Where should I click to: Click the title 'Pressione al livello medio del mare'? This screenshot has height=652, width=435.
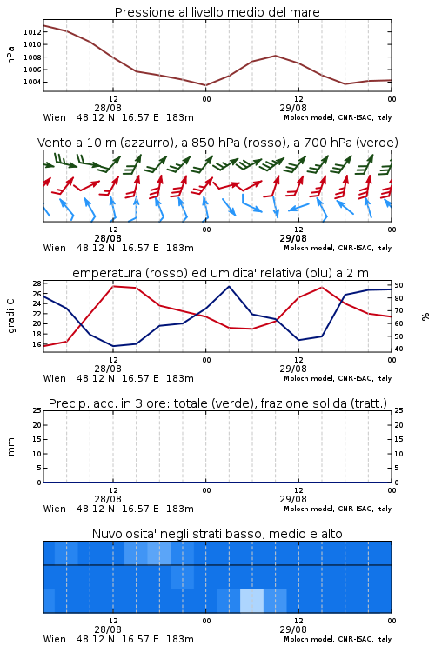(217, 12)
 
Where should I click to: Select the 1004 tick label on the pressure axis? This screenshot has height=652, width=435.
(32, 82)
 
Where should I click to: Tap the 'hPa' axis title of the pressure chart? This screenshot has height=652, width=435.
(10, 55)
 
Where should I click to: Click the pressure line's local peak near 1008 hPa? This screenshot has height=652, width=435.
(275, 56)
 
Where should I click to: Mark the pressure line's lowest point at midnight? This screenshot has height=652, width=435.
(205, 85)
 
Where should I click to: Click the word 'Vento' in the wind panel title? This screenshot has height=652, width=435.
(51, 143)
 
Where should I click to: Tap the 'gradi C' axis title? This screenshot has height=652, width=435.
(10, 316)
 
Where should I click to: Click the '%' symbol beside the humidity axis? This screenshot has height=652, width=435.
(425, 316)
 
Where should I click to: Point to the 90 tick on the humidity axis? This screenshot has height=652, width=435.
(398, 285)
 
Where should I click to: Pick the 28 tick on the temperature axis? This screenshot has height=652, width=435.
(37, 283)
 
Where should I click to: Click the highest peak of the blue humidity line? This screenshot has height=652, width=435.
(229, 286)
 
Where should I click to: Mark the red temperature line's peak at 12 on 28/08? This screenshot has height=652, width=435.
(113, 286)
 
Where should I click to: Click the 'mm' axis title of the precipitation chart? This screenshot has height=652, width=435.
(10, 447)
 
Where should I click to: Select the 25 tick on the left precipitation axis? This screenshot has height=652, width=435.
(37, 410)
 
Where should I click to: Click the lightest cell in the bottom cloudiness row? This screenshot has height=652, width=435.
(251, 601)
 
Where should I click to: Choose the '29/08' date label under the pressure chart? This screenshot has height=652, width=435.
(293, 108)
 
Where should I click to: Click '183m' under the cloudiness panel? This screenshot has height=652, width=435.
(180, 639)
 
